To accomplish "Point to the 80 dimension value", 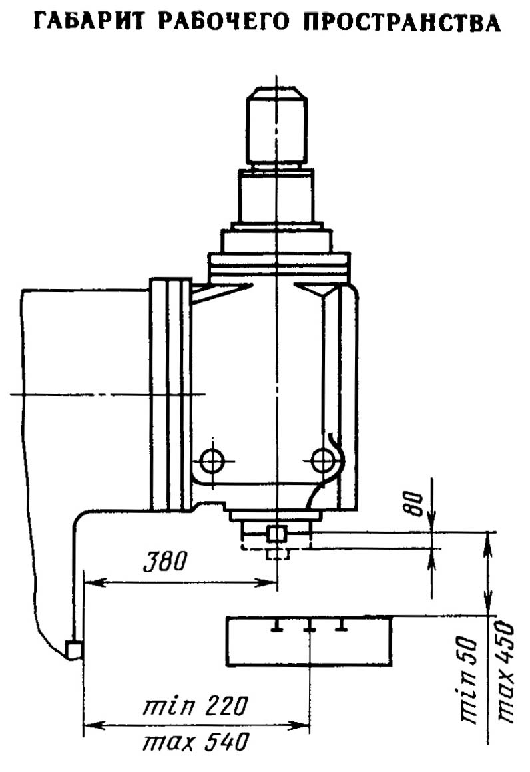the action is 415,504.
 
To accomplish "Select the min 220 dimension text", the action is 196,707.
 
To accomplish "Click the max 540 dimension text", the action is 196,741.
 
